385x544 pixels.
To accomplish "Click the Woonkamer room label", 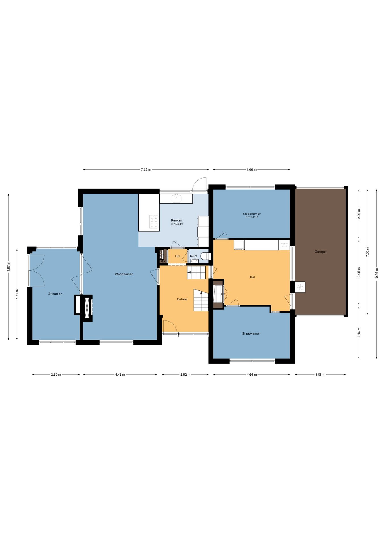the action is (x=124, y=274).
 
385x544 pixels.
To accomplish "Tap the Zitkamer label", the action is (x=55, y=294).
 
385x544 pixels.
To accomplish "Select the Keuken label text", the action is (x=176, y=220).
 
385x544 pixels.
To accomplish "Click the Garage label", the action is (x=320, y=252).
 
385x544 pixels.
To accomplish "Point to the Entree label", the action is (x=182, y=299).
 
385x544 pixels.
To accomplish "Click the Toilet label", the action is (x=193, y=256).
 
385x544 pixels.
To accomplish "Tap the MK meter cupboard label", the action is (x=163, y=262).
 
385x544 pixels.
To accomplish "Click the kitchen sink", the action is (x=176, y=198).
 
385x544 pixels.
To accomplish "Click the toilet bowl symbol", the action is (x=206, y=256).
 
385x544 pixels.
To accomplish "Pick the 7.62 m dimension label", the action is (x=146, y=169).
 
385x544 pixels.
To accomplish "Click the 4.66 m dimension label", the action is (x=251, y=169).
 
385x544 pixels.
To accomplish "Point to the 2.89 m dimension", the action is (x=56, y=375).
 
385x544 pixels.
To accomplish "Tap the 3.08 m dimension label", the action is (x=320, y=375).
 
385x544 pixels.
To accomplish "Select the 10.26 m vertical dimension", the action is (x=377, y=274).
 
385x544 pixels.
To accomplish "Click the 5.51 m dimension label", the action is (x=17, y=294).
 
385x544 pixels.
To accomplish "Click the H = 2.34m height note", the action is (x=252, y=217).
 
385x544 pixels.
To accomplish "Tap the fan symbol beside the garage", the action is (x=300, y=287).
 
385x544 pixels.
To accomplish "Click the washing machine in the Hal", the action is (x=239, y=245).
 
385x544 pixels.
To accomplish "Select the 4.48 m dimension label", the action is (x=120, y=375).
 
